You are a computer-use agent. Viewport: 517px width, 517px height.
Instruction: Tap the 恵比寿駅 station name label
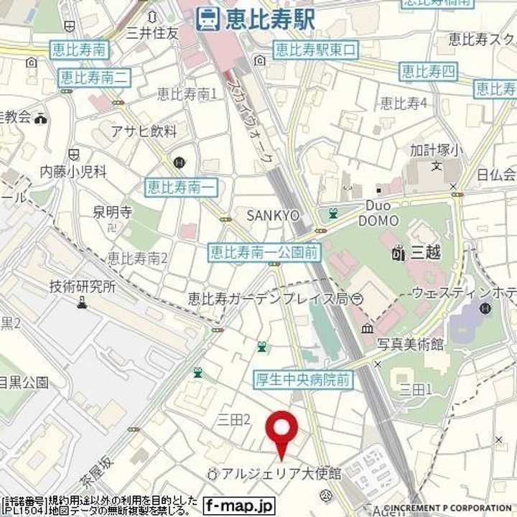269,19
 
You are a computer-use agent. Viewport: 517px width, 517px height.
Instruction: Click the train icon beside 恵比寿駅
208,19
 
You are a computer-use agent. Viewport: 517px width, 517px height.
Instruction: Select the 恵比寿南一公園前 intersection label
265,252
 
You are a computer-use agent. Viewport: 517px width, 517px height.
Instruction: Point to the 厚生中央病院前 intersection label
304,379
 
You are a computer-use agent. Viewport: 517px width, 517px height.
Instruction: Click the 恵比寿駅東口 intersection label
315,50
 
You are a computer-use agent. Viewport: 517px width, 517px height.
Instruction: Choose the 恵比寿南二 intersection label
94,76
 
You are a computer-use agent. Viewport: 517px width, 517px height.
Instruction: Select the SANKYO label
272,215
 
